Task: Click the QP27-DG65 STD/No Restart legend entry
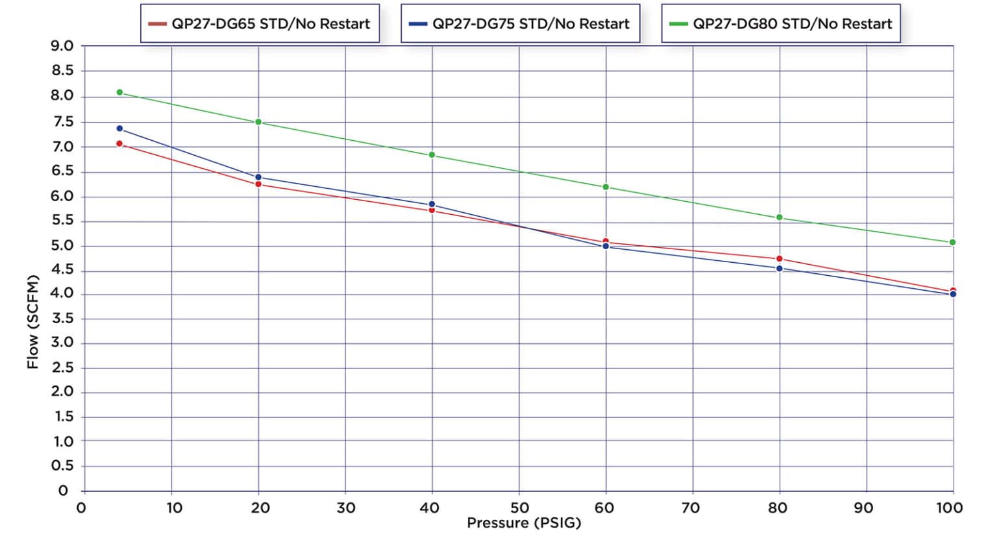[x=260, y=24]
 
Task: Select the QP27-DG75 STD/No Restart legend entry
[x=520, y=24]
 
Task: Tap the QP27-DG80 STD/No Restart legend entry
[x=781, y=24]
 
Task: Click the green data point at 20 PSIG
[x=258, y=122]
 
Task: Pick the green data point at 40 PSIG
[x=432, y=155]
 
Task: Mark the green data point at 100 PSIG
[x=952, y=242]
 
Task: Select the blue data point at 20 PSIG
[x=258, y=177]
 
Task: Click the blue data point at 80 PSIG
[x=779, y=268]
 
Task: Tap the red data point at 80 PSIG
[x=779, y=259]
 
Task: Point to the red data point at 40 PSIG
[x=432, y=210]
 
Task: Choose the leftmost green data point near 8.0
[x=119, y=92]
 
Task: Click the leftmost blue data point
[x=119, y=128]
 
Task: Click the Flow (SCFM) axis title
[x=33, y=322]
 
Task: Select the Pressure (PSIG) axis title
[x=524, y=523]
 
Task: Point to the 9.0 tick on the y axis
[x=62, y=46]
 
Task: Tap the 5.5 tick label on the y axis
[x=62, y=221]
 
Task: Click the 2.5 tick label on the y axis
[x=62, y=368]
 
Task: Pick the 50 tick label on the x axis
[x=519, y=507]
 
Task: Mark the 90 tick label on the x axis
[x=864, y=507]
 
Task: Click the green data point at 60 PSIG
[x=606, y=187]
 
